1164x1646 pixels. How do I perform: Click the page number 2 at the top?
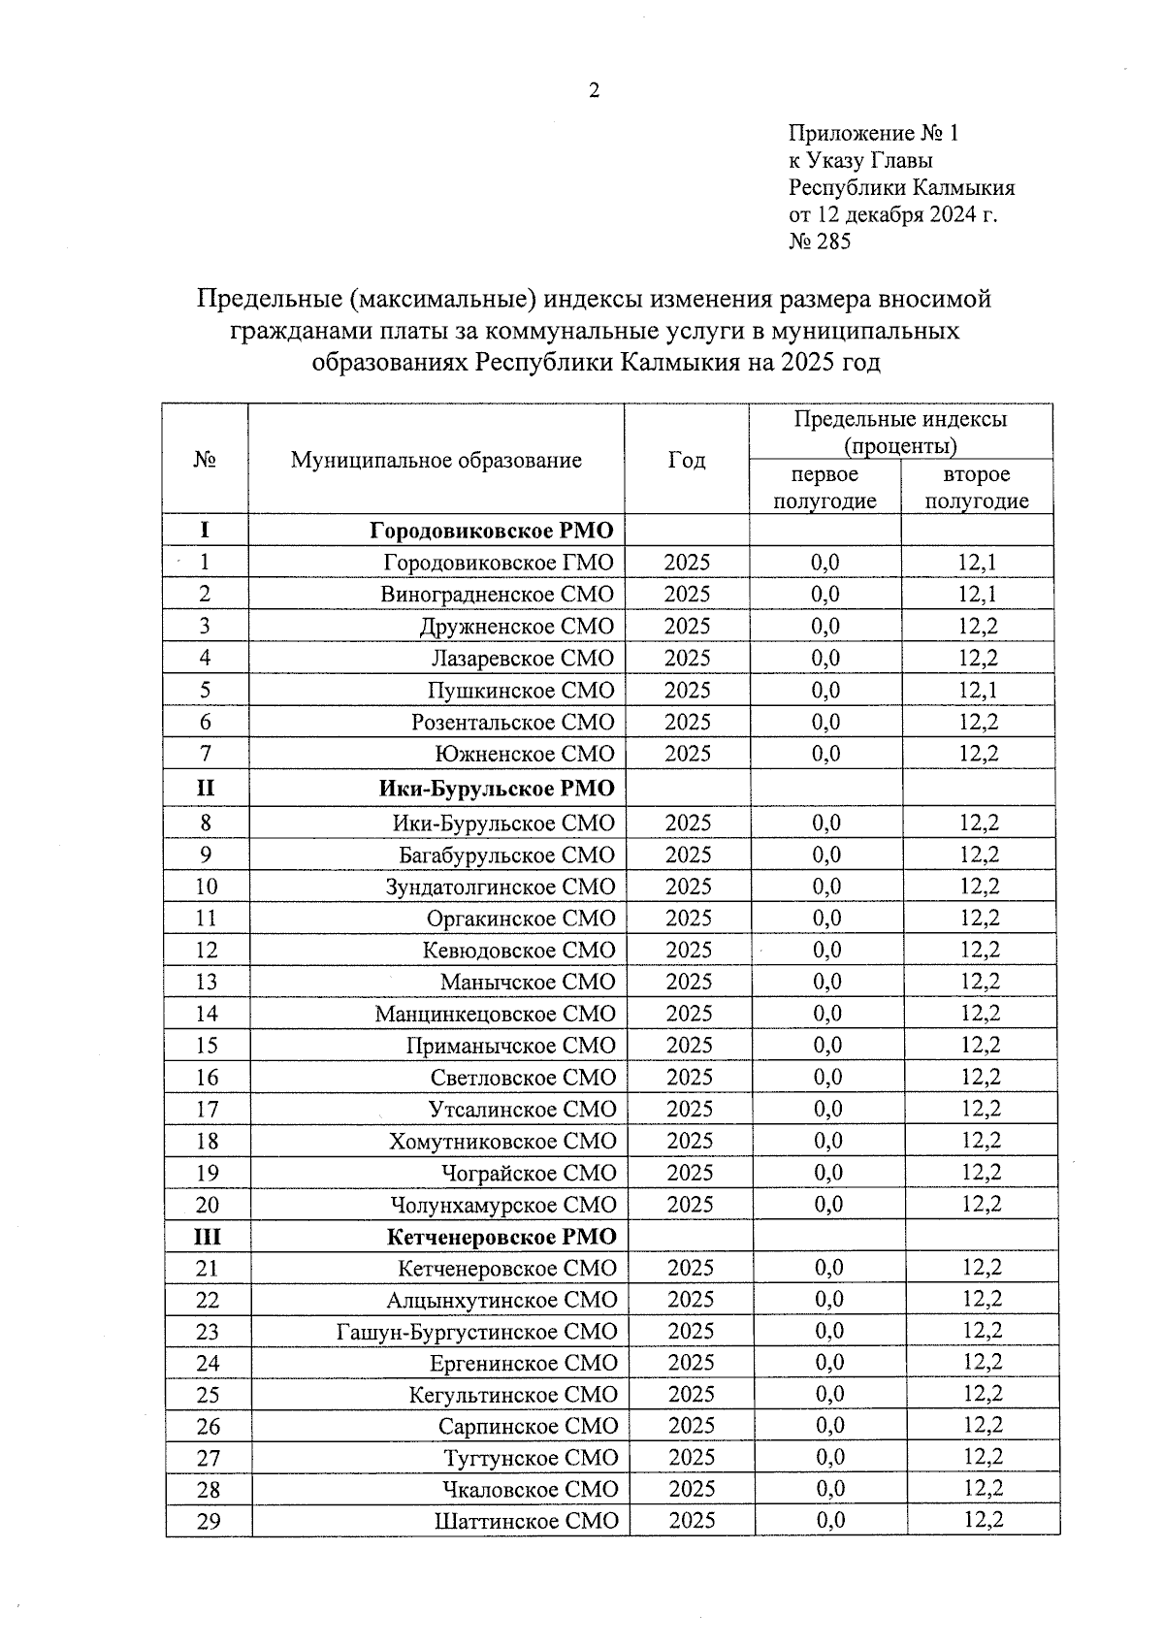[594, 90]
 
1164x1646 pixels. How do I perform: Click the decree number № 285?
[820, 242]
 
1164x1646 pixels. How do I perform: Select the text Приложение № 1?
[873, 133]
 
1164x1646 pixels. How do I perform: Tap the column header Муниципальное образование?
[436, 460]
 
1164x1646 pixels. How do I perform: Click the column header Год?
[687, 460]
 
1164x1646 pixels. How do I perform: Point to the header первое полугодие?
[824, 487]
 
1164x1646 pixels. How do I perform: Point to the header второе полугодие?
[976, 487]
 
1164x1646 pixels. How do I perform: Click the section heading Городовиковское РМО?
[492, 531]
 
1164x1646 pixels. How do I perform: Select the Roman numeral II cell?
[205, 788]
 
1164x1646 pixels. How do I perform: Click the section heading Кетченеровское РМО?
[501, 1237]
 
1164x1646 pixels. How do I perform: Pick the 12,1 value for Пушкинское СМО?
[977, 690]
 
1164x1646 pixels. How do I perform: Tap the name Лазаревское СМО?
[522, 658]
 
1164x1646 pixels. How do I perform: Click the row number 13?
[206, 982]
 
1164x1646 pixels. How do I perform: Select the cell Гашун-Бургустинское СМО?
[476, 1331]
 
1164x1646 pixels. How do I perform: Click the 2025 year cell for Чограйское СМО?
[690, 1173]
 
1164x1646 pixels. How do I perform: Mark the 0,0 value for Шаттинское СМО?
[830, 1520]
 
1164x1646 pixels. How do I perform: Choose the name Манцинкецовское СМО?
[495, 1014]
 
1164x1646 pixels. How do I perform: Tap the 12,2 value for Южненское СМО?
[978, 754]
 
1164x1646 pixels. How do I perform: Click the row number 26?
[208, 1426]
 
